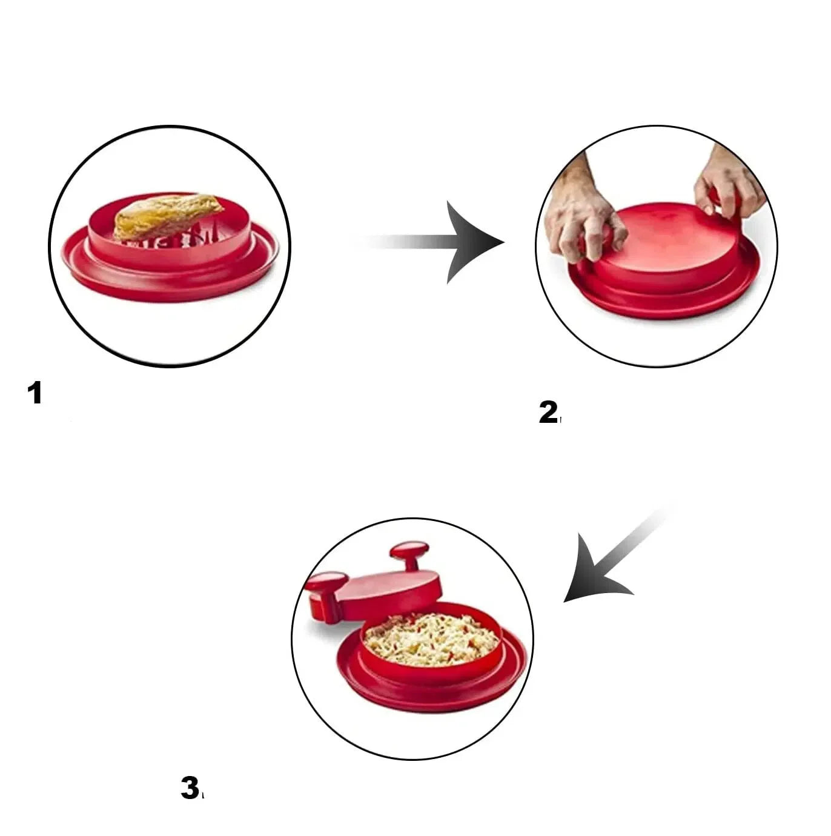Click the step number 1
35,393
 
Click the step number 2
548,413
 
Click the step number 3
190,788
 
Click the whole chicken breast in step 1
167,215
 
